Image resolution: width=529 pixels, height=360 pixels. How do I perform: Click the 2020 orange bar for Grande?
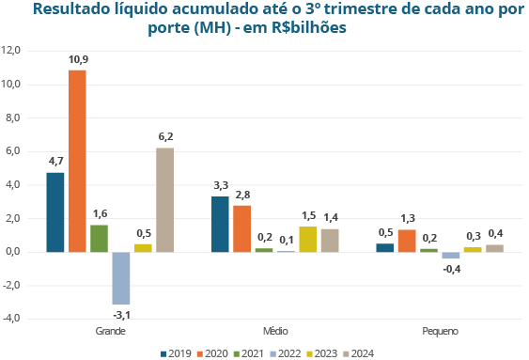[77, 161]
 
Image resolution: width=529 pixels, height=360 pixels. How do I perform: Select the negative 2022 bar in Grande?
[120, 277]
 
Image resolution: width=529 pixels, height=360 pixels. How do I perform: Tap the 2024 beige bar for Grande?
[164, 199]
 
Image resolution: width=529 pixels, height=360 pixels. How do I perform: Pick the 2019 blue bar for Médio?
[220, 224]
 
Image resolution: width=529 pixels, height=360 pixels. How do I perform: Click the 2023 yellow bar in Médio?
[307, 239]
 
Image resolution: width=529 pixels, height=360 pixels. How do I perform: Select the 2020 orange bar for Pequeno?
[407, 241]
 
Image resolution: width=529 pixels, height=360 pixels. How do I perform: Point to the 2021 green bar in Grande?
[99, 238]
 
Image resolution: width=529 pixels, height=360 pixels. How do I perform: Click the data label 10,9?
[78, 59]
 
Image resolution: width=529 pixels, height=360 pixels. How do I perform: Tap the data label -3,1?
[120, 314]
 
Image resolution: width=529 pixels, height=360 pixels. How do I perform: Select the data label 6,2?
[164, 137]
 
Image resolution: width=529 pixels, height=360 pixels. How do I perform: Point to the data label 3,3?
[221, 185]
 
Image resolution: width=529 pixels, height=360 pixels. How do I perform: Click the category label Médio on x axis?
[274, 332]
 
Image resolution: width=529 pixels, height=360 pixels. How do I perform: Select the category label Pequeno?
[439, 332]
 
